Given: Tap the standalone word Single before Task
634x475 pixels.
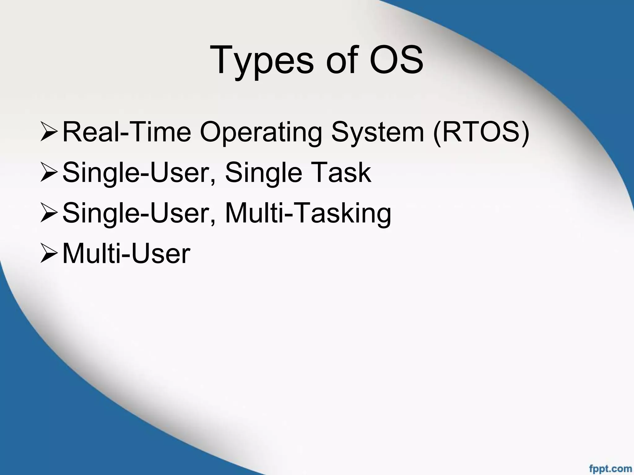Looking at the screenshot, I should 263,173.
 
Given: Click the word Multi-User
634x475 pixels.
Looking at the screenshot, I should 126,254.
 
